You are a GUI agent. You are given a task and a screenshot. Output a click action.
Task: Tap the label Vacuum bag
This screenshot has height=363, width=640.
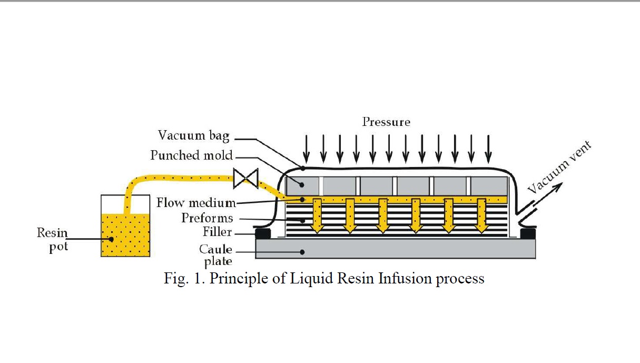pos(193,135)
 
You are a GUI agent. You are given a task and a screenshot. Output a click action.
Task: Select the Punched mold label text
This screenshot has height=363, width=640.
pos(191,155)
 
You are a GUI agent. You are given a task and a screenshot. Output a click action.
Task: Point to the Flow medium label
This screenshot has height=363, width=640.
pos(196,203)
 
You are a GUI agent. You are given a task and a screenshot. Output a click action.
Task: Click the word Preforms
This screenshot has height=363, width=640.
pos(207,218)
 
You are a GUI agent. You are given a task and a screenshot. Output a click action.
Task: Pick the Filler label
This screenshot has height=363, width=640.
pos(218,232)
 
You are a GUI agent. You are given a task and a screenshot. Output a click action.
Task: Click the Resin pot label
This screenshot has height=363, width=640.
pos(52,239)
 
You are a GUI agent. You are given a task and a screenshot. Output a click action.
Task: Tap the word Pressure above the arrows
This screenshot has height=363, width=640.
pos(386,122)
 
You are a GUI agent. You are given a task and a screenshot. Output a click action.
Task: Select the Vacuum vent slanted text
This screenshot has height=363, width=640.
pos(560,167)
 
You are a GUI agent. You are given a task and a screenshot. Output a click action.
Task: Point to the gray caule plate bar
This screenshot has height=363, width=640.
pos(395,249)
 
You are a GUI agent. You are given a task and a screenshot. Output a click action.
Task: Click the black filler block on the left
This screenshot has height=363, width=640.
pos(263,232)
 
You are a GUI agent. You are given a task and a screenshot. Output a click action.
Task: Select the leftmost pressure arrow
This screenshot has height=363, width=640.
pos(307,149)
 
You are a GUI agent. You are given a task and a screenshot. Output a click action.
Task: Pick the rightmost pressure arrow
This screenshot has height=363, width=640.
pos(488,149)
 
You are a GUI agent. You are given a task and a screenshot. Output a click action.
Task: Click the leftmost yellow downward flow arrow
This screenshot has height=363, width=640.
pos(317,214)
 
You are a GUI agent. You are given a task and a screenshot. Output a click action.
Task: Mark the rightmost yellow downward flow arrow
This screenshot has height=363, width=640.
pos(480,214)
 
